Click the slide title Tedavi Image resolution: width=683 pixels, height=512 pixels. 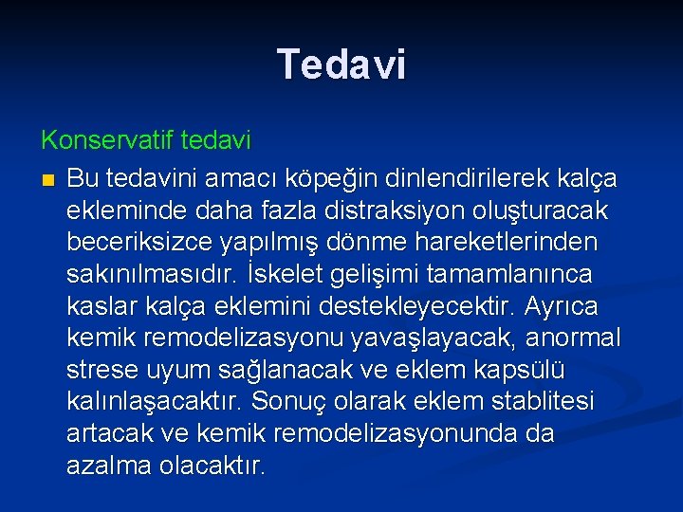[341, 64]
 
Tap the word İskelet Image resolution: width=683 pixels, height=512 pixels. [282, 275]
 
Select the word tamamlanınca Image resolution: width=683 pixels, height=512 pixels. [511, 275]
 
